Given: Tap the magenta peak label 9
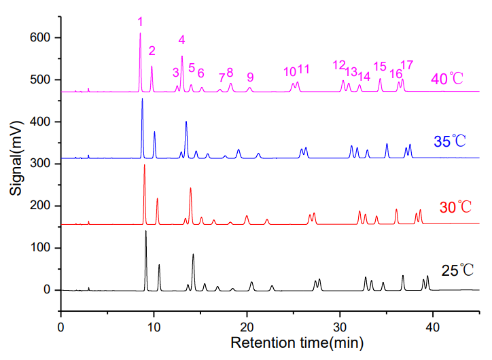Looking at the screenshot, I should (250, 77).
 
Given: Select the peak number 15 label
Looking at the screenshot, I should (380, 67).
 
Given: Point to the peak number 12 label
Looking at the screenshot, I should (339, 65).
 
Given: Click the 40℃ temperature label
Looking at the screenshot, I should (447, 79).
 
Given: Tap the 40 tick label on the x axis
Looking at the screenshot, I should (432, 307).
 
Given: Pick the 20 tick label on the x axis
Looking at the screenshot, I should (247, 307).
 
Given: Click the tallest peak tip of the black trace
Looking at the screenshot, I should (145, 231).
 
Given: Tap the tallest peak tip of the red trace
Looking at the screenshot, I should (144, 165).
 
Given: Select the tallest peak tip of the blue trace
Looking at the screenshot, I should (142, 99).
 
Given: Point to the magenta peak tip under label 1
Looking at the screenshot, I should (140, 33).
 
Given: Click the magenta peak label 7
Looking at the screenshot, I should (222, 78).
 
